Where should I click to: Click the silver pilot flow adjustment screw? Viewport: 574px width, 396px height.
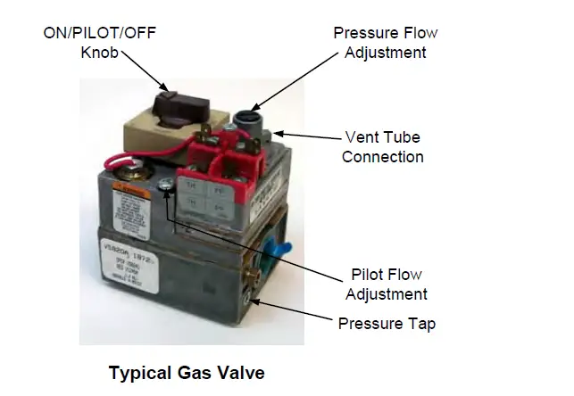(x=166, y=185)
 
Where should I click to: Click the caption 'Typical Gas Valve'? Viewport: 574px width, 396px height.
(x=187, y=372)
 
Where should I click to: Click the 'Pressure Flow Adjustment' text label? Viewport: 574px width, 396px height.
(x=386, y=43)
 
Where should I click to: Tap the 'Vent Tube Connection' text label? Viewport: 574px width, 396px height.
(x=383, y=147)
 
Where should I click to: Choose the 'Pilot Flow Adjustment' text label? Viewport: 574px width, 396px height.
(x=386, y=285)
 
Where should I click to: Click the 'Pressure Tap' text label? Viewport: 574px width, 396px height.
(x=386, y=323)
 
